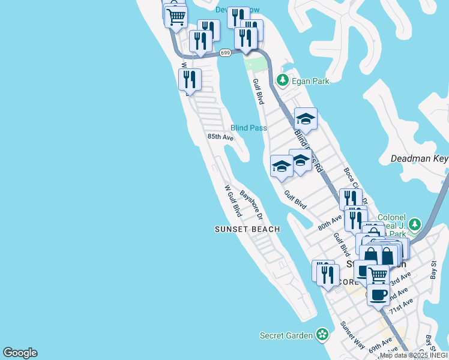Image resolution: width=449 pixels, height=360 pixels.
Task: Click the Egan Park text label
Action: pyautogui.click(x=310, y=80)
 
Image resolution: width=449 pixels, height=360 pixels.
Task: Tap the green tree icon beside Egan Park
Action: pyautogui.click(x=282, y=80)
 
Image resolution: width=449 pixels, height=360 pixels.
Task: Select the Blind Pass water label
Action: pyautogui.click(x=249, y=128)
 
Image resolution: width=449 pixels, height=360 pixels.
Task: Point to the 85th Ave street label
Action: pyautogui.click(x=220, y=137)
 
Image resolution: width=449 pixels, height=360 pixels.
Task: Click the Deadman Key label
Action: pyautogui.click(x=419, y=159)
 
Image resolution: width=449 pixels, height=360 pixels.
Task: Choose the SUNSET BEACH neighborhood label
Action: pyautogui.click(x=247, y=229)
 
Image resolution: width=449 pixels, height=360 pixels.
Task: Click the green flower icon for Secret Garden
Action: pyautogui.click(x=322, y=335)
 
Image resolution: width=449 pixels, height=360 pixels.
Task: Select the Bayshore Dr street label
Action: pyautogui.click(x=252, y=205)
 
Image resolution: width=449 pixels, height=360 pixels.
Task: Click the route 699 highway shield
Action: pyautogui.click(x=225, y=53)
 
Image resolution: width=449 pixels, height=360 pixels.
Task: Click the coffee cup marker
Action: pyautogui.click(x=378, y=295)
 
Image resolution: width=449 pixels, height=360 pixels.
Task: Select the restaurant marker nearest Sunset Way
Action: pyautogui.click(x=327, y=275)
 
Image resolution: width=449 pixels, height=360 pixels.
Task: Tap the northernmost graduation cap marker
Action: pyautogui.click(x=305, y=118)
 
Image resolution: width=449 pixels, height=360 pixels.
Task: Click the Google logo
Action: pyautogui.click(x=20, y=353)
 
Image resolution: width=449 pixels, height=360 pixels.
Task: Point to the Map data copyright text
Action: pyautogui.click(x=413, y=355)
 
